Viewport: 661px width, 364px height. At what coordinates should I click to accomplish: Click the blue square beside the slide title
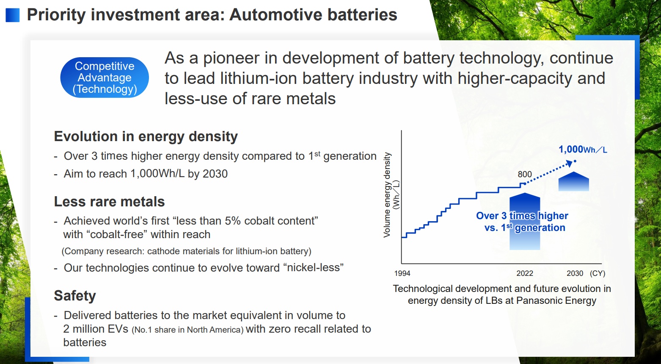point(12,15)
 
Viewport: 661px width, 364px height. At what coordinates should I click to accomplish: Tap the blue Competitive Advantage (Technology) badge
point(105,78)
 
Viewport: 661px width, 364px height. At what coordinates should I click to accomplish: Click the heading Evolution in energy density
point(146,136)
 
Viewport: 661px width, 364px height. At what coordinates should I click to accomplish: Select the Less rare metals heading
point(109,202)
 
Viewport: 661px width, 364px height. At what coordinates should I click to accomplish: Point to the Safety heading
point(75,296)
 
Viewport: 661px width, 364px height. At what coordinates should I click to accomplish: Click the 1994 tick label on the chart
point(402,273)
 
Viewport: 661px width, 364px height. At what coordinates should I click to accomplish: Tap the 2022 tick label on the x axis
point(525,273)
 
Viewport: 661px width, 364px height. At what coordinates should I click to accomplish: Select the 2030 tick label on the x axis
point(575,273)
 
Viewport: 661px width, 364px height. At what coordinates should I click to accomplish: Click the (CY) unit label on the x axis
point(598,273)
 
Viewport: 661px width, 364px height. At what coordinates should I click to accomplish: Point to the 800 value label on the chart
point(525,174)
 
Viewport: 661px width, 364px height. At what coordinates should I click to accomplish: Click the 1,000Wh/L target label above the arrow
point(583,150)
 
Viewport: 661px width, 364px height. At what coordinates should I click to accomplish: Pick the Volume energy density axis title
point(387,195)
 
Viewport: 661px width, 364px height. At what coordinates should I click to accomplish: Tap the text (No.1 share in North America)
point(188,330)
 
